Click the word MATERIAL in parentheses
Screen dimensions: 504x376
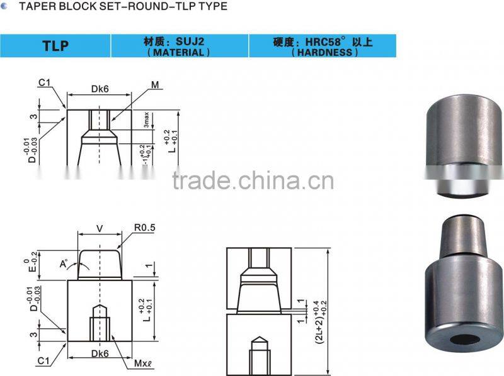click(x=178, y=52)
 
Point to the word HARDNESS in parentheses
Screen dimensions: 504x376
click(x=324, y=53)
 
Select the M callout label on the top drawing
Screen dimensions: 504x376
click(x=154, y=84)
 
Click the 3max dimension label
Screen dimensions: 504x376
click(x=146, y=120)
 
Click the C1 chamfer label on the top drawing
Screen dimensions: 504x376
click(x=43, y=82)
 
